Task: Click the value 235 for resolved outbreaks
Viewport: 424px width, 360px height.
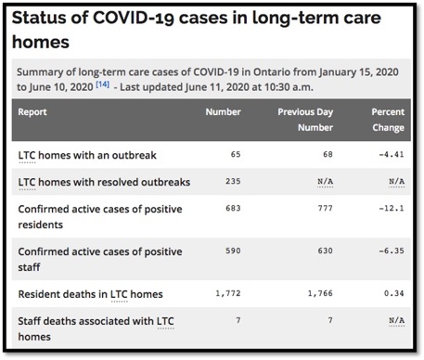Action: pyautogui.click(x=231, y=182)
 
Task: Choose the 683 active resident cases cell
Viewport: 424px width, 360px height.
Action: pyautogui.click(x=231, y=209)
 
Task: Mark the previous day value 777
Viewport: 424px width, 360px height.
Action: pyautogui.click(x=312, y=209)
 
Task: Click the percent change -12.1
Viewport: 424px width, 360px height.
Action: pyautogui.click(x=393, y=209)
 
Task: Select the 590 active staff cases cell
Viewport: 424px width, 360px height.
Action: pyautogui.click(x=231, y=251)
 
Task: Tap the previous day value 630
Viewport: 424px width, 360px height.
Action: pyautogui.click(x=312, y=251)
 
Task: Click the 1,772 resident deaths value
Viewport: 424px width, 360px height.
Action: pyautogui.click(x=226, y=294)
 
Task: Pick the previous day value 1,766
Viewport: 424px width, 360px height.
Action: pyautogui.click(x=307, y=294)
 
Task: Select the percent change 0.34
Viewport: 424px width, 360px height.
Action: pyautogui.click(x=396, y=294)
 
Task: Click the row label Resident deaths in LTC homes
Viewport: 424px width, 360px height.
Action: pyautogui.click(x=90, y=294)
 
